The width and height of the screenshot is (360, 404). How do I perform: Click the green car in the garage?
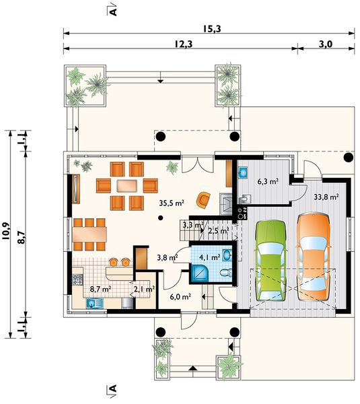(x=271, y=261)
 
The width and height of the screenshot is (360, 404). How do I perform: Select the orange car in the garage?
(x=314, y=257)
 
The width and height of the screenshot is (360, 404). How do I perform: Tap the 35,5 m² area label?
(x=172, y=203)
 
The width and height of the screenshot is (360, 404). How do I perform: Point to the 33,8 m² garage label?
(x=326, y=197)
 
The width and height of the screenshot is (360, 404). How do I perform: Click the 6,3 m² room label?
(x=268, y=182)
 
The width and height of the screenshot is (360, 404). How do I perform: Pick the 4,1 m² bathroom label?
(x=210, y=257)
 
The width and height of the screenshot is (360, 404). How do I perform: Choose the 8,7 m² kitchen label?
(x=100, y=289)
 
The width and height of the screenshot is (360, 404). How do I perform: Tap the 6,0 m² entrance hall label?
(x=180, y=297)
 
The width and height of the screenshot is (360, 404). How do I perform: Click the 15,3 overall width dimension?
(x=212, y=29)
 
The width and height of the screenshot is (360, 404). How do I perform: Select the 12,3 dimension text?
(x=183, y=44)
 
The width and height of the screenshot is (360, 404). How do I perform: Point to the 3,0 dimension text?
(x=326, y=44)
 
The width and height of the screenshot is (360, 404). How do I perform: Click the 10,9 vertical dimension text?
(x=6, y=230)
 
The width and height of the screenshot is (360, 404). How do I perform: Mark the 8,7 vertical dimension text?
(x=22, y=237)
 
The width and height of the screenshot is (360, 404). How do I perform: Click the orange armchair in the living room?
(x=204, y=200)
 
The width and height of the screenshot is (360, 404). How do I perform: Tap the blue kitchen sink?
(x=94, y=303)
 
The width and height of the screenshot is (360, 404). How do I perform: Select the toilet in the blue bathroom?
(x=226, y=273)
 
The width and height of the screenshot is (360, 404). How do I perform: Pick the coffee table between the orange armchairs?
(x=127, y=186)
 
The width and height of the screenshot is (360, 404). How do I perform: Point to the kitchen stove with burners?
(x=77, y=280)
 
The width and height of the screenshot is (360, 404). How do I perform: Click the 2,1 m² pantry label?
(x=144, y=289)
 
